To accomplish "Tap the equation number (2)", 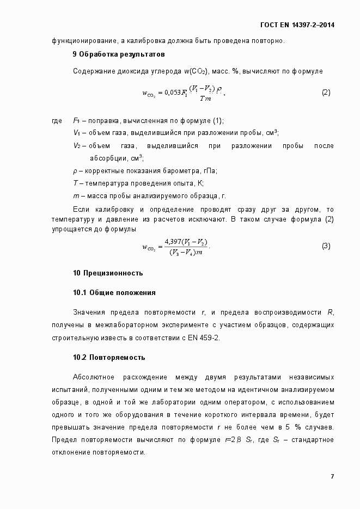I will [326, 92].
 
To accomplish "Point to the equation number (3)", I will [326, 246].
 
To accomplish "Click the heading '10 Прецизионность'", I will [108, 273].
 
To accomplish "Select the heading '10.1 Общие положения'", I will [114, 292].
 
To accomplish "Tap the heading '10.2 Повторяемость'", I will [109, 358].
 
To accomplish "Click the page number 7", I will [332, 476].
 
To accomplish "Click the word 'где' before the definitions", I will [57, 120].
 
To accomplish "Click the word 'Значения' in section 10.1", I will [89, 312].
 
